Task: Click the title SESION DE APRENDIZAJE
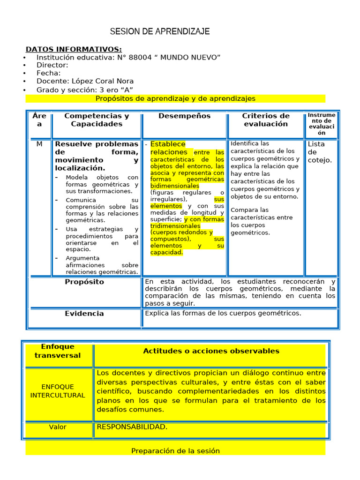pos(160,32)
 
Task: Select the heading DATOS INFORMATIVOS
pos(74,49)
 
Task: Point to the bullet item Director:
pos(52,65)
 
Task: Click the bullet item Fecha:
pos(48,73)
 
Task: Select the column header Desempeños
pos(184,116)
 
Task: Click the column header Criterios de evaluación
pos(265,120)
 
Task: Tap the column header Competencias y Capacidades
pos(97,120)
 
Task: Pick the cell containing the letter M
pos(39,144)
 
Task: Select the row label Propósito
pos(84,282)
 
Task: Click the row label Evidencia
pos(84,314)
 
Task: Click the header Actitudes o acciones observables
pos(211,351)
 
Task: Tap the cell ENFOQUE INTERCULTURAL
pos(58,391)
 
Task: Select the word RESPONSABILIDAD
pos(132,427)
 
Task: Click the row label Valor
pos(58,427)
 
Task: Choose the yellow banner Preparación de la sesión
pos(175,451)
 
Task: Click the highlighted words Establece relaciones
pos(168,148)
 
